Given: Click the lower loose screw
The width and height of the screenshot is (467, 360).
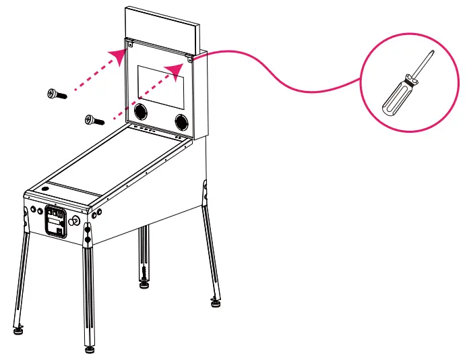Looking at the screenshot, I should coord(94,120).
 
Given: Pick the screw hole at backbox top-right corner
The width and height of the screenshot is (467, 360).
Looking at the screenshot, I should coord(191,59).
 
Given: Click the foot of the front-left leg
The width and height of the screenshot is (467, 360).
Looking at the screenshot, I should coord(18,330).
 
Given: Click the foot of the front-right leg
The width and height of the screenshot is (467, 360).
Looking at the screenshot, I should coord(90,349).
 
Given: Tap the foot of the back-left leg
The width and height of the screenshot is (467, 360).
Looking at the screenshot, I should coord(144,284).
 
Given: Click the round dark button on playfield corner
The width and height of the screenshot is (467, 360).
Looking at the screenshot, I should coord(45,188).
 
